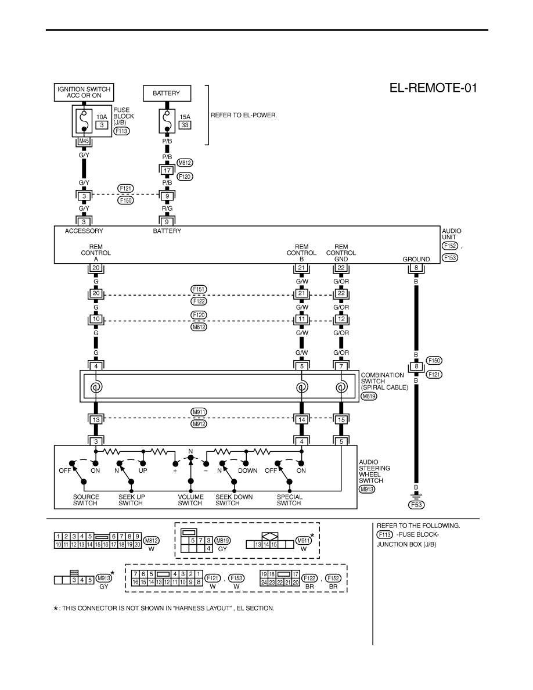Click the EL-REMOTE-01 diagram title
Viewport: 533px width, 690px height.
click(x=433, y=88)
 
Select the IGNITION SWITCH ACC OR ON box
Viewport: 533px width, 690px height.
click(x=84, y=92)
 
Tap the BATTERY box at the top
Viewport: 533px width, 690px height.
click(x=167, y=94)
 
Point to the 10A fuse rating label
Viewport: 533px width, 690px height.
click(x=102, y=117)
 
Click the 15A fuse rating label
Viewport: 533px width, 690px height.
click(x=185, y=117)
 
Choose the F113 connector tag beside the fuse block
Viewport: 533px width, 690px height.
click(x=121, y=131)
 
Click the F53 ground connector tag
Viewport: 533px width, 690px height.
click(x=416, y=505)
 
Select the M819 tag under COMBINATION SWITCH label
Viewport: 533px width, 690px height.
click(x=369, y=396)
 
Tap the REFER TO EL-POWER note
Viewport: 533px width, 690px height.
click(x=244, y=116)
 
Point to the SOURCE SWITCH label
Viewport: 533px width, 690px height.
click(x=86, y=500)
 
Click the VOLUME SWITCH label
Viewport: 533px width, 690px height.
click(x=190, y=500)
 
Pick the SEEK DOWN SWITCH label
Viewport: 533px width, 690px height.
click(x=234, y=500)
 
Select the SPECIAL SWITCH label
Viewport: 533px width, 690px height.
click(x=289, y=500)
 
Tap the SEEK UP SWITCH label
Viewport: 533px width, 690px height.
click(x=131, y=500)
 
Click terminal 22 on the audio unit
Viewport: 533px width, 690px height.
click(x=341, y=268)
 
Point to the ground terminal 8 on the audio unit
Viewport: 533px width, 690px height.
click(x=416, y=268)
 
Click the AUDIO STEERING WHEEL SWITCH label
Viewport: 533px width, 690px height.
click(x=374, y=471)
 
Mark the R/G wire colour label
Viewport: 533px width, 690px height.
click(x=167, y=208)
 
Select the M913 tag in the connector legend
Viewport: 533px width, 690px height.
click(x=104, y=578)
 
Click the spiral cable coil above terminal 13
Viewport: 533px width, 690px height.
click(x=95, y=387)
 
